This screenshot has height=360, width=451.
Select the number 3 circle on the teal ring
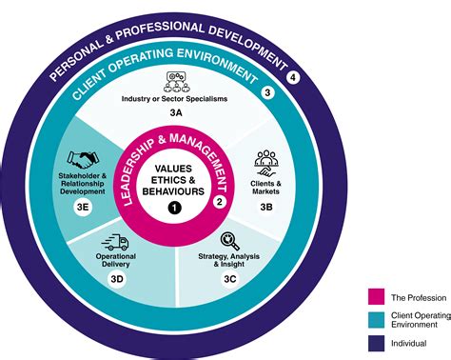pyautogui.click(x=267, y=92)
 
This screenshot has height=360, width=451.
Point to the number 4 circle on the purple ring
pyautogui.click(x=294, y=77)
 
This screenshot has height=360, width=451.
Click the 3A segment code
pyautogui.click(x=176, y=111)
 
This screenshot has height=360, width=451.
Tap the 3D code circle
pyautogui.click(x=116, y=279)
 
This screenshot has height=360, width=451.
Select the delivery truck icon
pyautogui.click(x=117, y=245)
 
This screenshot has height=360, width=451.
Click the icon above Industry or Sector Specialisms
pyautogui.click(x=176, y=80)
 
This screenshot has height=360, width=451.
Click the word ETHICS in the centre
pyautogui.click(x=173, y=180)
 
